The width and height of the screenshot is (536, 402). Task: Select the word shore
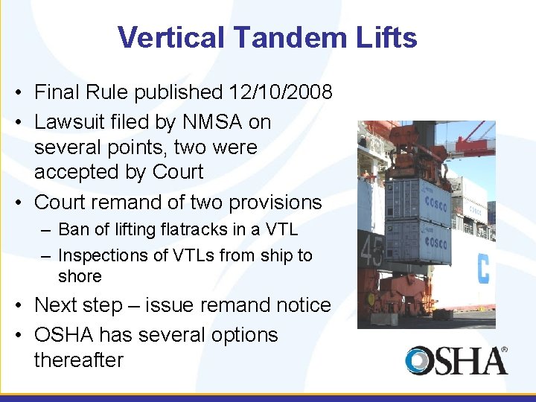pyautogui.click(x=80, y=276)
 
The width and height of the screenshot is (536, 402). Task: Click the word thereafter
pyautogui.click(x=78, y=360)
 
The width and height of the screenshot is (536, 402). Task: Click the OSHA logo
pyautogui.click(x=456, y=360)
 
